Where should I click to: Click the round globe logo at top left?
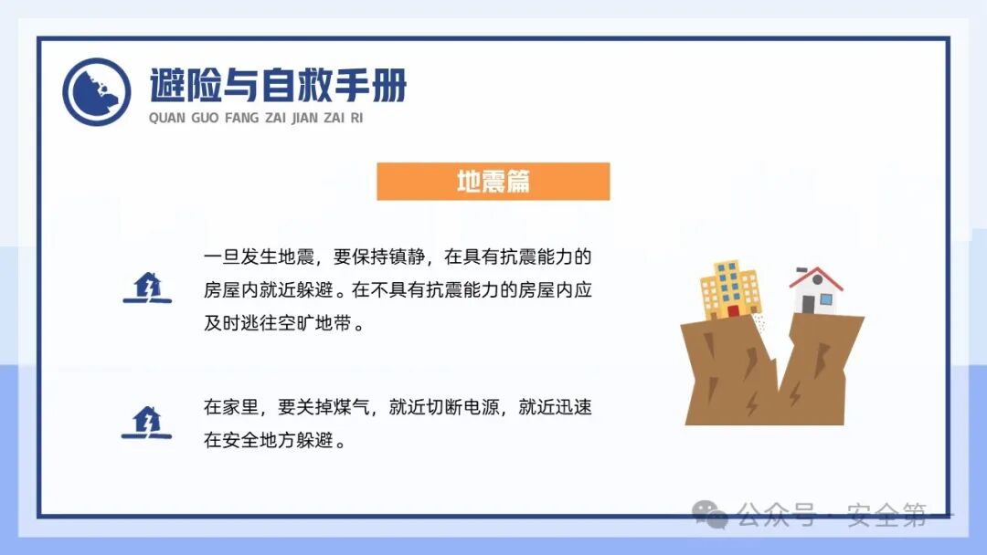coord(97,92)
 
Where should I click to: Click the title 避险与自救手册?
coord(278,87)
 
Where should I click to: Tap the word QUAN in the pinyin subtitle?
coord(165,118)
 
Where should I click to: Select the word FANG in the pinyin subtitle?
coord(242,118)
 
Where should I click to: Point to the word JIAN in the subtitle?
coord(304,118)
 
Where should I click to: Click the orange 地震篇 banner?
coord(493,182)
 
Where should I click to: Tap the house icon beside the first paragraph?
coord(146,288)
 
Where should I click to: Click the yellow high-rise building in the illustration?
coord(730,289)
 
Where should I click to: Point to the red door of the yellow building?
coord(733,310)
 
